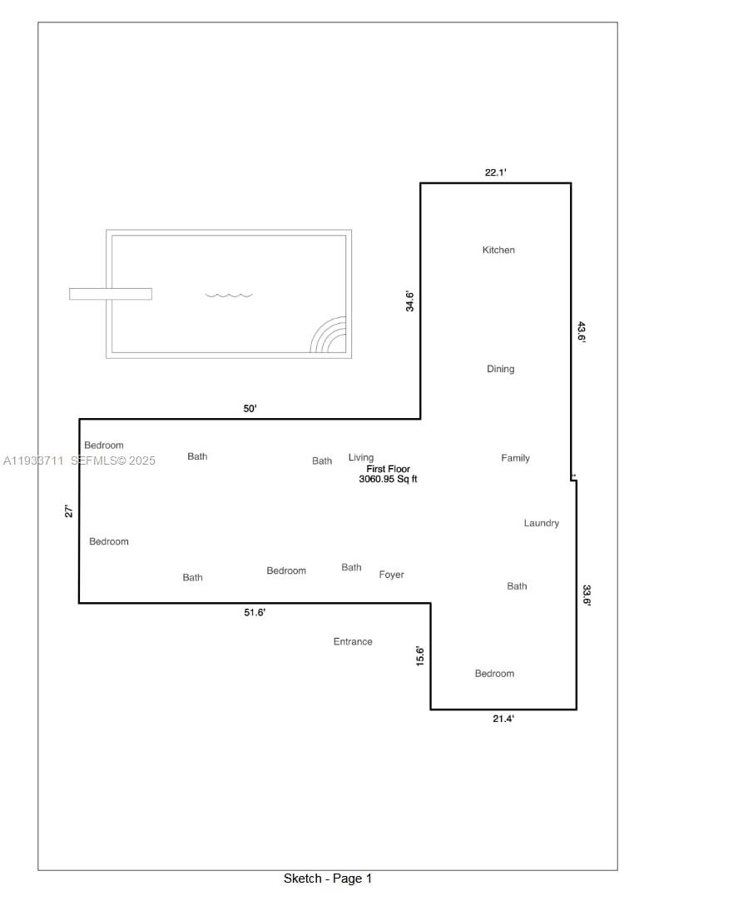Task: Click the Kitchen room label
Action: [x=498, y=250]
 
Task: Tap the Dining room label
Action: [x=500, y=369]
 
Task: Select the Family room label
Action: [x=515, y=458]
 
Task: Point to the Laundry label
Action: [x=541, y=523]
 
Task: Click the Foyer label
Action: [x=391, y=575]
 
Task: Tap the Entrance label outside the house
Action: [x=353, y=641]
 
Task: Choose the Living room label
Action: [x=361, y=457]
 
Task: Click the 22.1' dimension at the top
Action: [x=496, y=172]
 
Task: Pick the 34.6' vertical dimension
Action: [x=410, y=301]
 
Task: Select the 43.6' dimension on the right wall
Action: [x=582, y=332]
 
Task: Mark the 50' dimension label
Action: [x=250, y=409]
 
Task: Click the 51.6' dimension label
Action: [x=255, y=612]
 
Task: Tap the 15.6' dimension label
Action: [x=420, y=655]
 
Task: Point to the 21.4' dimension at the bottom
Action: [x=503, y=719]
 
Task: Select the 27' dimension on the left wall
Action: [x=69, y=511]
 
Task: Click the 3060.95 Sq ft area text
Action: [x=388, y=479]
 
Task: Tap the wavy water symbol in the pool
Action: [x=229, y=295]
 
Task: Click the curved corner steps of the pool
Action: [x=330, y=336]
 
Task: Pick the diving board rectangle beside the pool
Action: [x=110, y=294]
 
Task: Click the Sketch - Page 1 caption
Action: [x=328, y=879]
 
